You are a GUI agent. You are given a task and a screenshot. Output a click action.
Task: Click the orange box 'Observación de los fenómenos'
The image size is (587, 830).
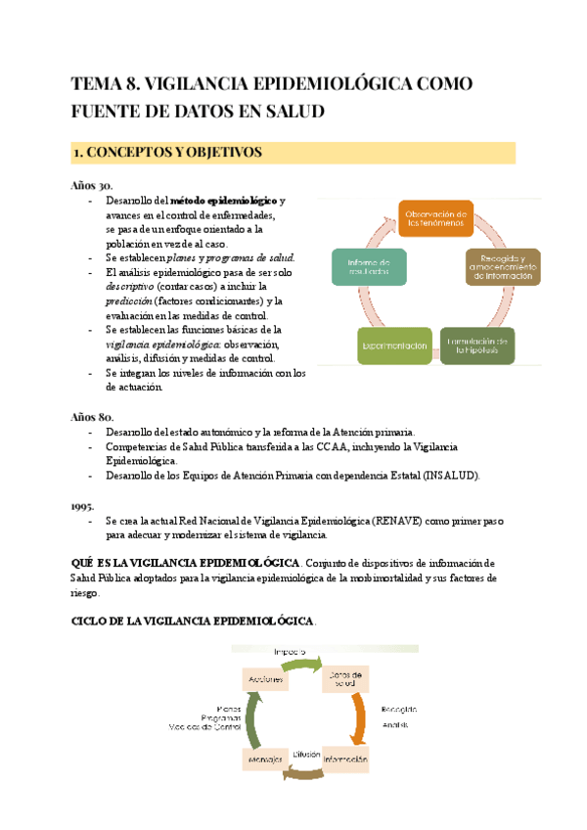(437, 218)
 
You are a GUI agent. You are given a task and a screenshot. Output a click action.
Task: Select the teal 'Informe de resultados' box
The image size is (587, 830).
(369, 266)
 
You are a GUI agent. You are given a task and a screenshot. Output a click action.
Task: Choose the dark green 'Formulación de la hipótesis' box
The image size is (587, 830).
(476, 345)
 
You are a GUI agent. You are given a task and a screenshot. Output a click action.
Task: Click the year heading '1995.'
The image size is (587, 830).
(85, 507)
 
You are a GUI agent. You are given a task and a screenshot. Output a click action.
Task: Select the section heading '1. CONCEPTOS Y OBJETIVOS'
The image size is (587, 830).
(167, 153)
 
